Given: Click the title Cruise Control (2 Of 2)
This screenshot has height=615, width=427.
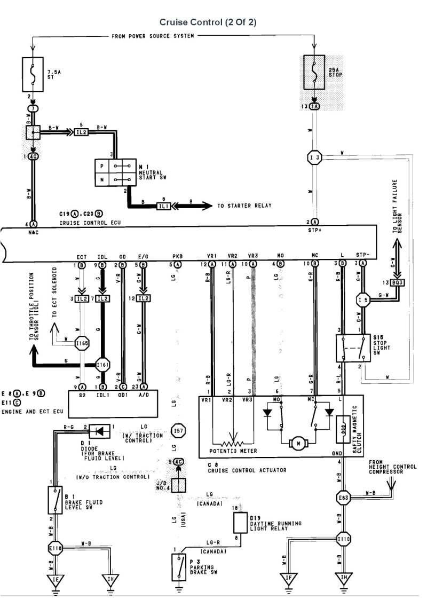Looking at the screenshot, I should point(213,22).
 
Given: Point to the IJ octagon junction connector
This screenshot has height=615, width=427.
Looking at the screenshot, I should point(314,157).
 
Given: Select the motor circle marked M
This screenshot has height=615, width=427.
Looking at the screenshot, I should point(295,443).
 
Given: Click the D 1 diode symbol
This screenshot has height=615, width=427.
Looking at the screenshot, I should point(99,430).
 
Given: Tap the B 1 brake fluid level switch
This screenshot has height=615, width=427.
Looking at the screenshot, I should point(54,501).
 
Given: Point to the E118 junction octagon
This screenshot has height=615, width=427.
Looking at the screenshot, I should point(54,548).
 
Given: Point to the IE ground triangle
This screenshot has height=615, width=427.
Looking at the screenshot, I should point(54,580).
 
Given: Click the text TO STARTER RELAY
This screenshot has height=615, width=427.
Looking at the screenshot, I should point(244,206).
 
